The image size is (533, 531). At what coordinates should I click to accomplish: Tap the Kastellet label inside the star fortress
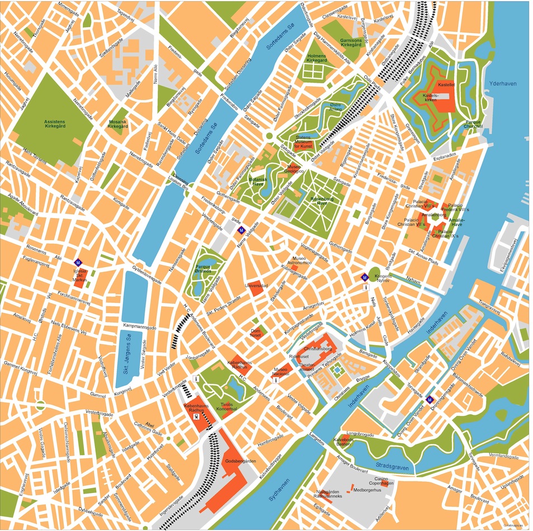446,86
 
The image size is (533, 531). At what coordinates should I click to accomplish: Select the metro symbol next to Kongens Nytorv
365,277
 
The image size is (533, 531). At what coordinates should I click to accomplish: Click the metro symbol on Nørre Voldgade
241,230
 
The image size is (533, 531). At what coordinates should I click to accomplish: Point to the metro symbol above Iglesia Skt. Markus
79,263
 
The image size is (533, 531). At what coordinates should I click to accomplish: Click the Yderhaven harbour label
503,84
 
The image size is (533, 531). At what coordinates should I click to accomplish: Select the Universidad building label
257,286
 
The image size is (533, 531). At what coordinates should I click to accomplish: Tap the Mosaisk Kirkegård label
117,124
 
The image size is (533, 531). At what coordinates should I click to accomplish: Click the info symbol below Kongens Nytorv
366,287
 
